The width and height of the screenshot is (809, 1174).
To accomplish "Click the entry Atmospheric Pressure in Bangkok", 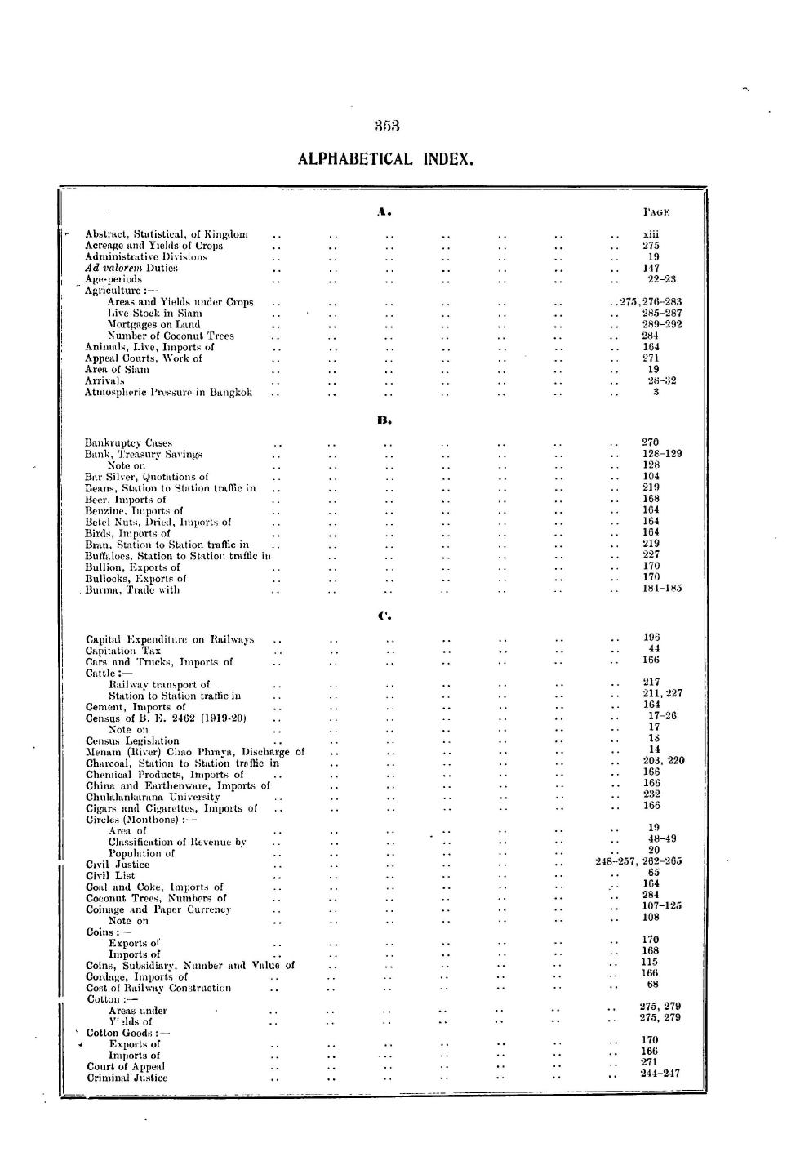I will (168, 392).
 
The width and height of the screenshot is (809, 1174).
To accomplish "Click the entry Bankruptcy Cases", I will (128, 443).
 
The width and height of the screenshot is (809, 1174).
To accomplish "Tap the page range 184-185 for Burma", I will (662, 588).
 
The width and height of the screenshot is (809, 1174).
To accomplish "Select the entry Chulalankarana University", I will (153, 797).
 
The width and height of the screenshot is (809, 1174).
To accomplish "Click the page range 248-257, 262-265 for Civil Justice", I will (639, 861).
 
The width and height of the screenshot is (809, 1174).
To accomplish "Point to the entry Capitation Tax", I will (123, 651).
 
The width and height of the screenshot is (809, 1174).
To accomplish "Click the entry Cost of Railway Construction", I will (158, 988).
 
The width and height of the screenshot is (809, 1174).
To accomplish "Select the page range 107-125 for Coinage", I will (661, 905).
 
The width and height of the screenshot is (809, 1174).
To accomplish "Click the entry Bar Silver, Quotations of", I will (146, 477).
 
